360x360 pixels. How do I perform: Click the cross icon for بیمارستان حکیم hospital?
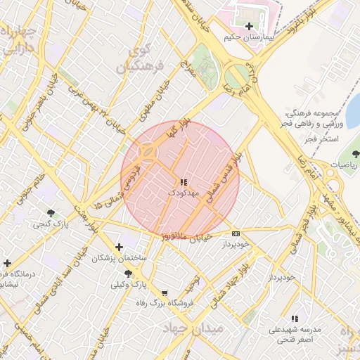[249, 26]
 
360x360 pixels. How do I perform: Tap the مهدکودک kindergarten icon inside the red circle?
[184, 182]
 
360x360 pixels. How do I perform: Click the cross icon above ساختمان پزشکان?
[119, 247]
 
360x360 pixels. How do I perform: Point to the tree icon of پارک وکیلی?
[127, 274]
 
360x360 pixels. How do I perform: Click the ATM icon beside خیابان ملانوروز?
[235, 233]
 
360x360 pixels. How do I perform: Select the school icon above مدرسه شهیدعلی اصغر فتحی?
[294, 318]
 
